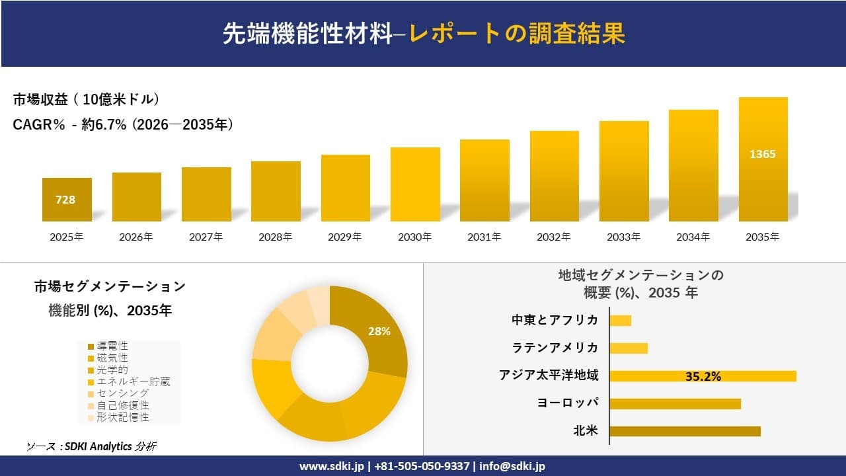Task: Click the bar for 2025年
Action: coord(67,200)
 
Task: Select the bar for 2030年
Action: coord(415,184)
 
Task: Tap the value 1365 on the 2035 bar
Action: coord(763,154)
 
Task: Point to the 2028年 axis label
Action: coord(276,237)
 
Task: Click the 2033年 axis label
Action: coord(624,237)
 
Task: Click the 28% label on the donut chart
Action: coord(379,331)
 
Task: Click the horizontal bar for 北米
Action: coord(685,431)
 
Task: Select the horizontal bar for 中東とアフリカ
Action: coord(620,321)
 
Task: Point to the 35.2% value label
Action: coord(703,376)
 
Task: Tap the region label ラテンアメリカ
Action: coord(555,348)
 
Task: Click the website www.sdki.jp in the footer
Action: coord(332,466)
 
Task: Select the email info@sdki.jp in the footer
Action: coord(513,466)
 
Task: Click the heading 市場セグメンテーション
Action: coord(110,287)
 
